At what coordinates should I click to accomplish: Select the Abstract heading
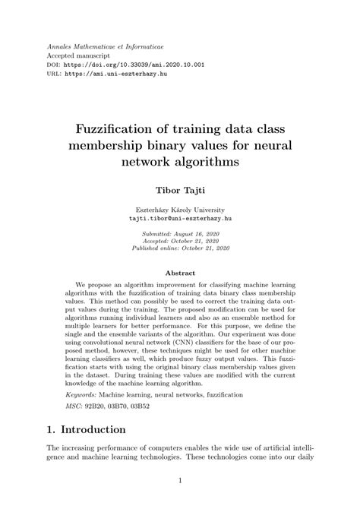[180, 273]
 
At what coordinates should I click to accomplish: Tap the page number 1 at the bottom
[180, 480]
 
